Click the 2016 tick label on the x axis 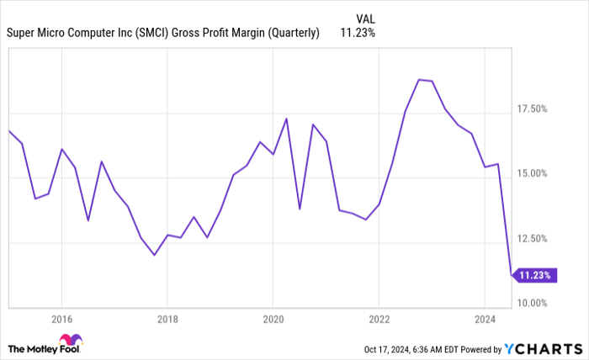(x=61, y=320)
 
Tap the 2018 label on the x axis (x=167, y=320)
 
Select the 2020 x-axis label (x=273, y=320)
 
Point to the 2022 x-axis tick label (x=379, y=320)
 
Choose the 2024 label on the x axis (x=485, y=320)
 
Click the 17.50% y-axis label (x=532, y=109)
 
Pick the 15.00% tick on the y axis (x=532, y=173)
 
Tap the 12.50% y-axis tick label (x=532, y=238)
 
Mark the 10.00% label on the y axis (x=532, y=303)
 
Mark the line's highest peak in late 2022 (x=418, y=79)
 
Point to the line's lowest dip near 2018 (x=154, y=255)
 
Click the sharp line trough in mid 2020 (x=300, y=209)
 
